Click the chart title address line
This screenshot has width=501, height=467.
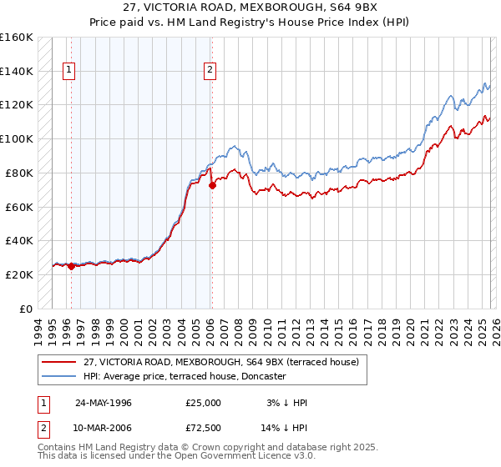tap(250, 8)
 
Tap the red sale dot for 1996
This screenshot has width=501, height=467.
tap(71, 266)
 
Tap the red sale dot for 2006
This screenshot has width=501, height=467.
tap(212, 185)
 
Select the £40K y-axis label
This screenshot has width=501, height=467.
tap(19, 241)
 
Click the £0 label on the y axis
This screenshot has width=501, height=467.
tap(25, 309)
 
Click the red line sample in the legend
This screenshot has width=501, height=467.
tap(58, 362)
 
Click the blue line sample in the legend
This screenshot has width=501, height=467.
tap(58, 376)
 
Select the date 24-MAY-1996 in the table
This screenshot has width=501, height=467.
tap(104, 403)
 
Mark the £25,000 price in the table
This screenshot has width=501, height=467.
tap(204, 403)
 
